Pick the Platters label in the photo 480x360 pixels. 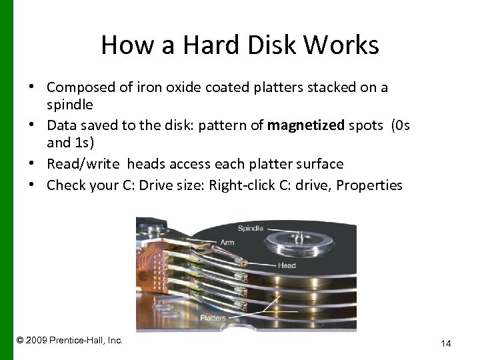click(x=213, y=318)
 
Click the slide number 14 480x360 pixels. click(x=446, y=343)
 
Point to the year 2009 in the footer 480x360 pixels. click(x=35, y=340)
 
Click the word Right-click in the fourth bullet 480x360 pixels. click(x=242, y=185)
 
